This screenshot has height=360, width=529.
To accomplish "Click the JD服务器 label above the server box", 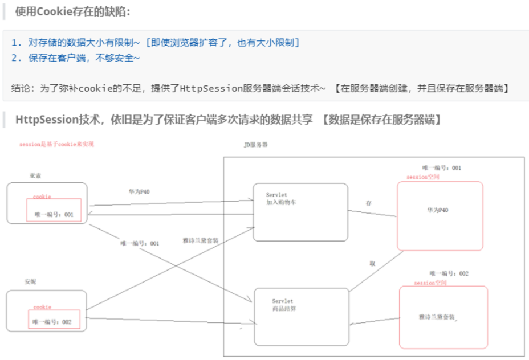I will pyautogui.click(x=255, y=145).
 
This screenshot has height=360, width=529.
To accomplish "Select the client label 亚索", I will pyautogui.click(x=35, y=176).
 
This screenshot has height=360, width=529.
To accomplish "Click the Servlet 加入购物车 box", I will pyautogui.click(x=300, y=212).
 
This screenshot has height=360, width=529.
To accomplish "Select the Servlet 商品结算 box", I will pyautogui.click(x=301, y=316).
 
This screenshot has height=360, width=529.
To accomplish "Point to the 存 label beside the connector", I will pyautogui.click(x=369, y=203).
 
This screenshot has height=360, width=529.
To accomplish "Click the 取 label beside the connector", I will pyautogui.click(x=372, y=264).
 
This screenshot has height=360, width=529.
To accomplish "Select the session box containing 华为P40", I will pyautogui.click(x=440, y=216).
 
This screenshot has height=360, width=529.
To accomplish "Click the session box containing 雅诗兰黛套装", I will pyautogui.click(x=443, y=317).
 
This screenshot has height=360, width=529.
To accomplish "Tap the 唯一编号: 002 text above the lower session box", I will pyautogui.click(x=449, y=274).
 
